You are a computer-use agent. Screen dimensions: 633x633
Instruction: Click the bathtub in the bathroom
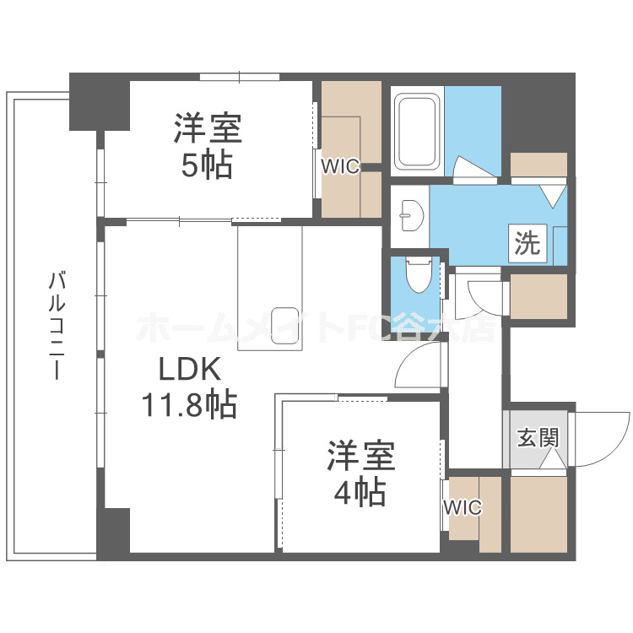(418, 133)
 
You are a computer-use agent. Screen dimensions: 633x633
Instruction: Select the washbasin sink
(409, 215)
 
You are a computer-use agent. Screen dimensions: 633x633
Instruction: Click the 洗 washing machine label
(527, 243)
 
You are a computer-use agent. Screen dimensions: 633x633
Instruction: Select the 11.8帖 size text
(188, 406)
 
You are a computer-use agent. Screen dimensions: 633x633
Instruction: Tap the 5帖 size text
(206, 165)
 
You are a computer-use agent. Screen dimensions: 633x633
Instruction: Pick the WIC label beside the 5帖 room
(340, 166)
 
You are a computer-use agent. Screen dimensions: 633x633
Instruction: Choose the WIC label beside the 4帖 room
(463, 507)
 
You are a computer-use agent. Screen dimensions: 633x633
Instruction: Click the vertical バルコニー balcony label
(57, 325)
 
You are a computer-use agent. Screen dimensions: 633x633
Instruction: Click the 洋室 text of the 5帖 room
(208, 130)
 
